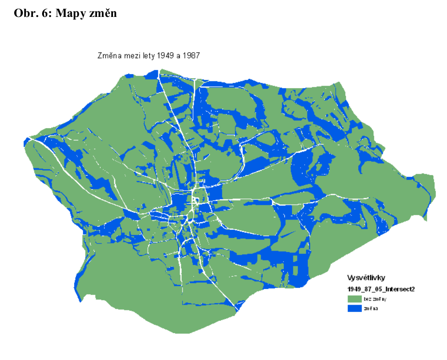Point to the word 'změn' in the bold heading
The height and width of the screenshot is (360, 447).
pos(103,14)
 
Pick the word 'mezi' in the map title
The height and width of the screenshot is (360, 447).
pos(131,56)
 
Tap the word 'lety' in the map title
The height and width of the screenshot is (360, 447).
pos(148,56)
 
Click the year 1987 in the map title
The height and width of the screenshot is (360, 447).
pos(191,56)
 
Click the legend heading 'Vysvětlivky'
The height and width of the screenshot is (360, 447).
pos(367,278)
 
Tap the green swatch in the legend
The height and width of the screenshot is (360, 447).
pos(354,298)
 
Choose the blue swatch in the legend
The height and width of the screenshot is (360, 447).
pos(354,308)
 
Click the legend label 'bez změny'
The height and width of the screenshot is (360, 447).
pos(376,298)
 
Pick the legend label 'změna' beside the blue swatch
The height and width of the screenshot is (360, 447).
pos(371,308)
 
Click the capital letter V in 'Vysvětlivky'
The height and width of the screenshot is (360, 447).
pos(350,278)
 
